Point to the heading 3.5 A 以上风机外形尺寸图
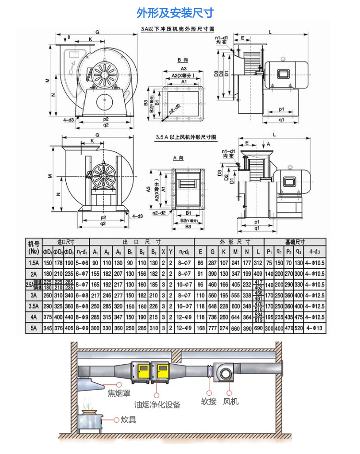point(186,137)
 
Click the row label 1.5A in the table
point(33,263)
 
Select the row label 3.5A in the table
point(33,307)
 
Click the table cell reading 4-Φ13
point(315,329)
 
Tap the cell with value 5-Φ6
point(82,263)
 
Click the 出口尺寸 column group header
point(142,242)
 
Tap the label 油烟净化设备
point(157,405)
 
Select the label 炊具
point(128,420)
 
